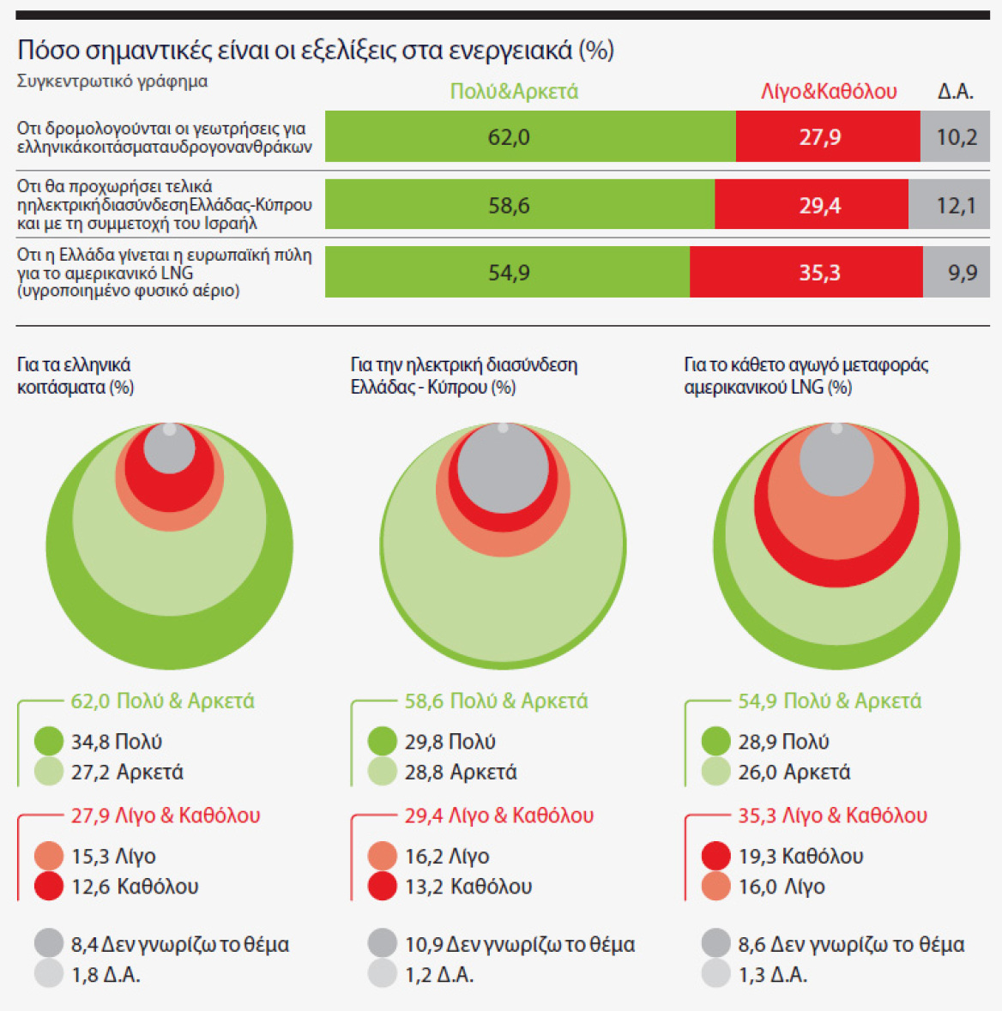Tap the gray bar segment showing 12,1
(949, 205)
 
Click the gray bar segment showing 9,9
(957, 273)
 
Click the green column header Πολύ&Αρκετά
(514, 92)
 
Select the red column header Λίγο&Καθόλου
(829, 92)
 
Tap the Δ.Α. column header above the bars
(956, 92)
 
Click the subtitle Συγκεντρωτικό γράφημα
(112, 81)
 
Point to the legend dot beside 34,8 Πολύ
(49, 742)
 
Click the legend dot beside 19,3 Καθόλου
(715, 856)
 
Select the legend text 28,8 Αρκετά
(461, 773)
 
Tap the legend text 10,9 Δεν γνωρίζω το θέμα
(520, 945)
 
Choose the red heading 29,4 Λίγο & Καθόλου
(499, 815)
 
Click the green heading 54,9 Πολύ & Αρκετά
(830, 701)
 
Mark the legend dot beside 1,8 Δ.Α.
(49, 974)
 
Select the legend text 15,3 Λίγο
(113, 856)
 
